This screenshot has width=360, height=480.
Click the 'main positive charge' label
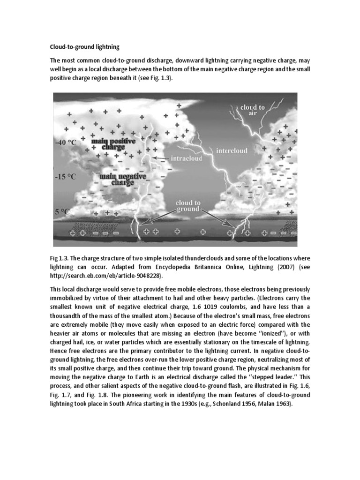(113, 143)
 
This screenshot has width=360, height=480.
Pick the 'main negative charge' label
(123, 179)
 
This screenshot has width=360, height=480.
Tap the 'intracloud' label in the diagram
(187, 158)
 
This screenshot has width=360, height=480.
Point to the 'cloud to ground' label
(187, 206)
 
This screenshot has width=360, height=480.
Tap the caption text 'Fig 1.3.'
(60, 259)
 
